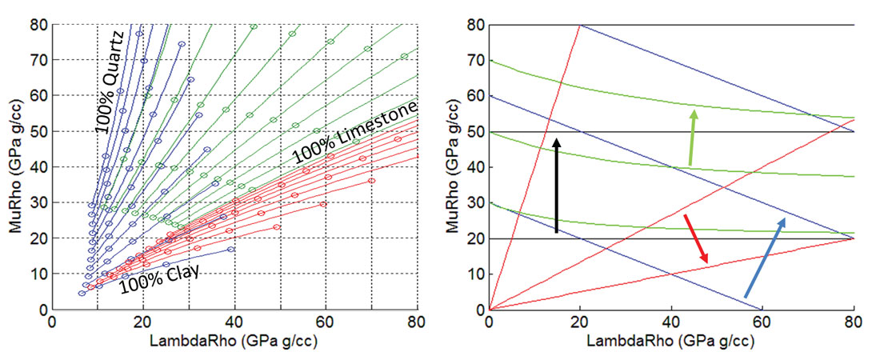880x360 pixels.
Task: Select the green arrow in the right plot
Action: tap(692, 138)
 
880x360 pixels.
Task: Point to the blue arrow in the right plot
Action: tap(765, 257)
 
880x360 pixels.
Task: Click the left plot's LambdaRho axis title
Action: tap(235, 340)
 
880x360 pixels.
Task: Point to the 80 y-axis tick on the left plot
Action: tap(38, 25)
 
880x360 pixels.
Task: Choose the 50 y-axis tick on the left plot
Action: tap(38, 131)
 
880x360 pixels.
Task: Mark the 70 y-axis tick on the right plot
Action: tap(475, 60)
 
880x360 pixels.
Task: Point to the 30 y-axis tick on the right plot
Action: tap(475, 202)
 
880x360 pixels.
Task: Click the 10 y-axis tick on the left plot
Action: tap(38, 274)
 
